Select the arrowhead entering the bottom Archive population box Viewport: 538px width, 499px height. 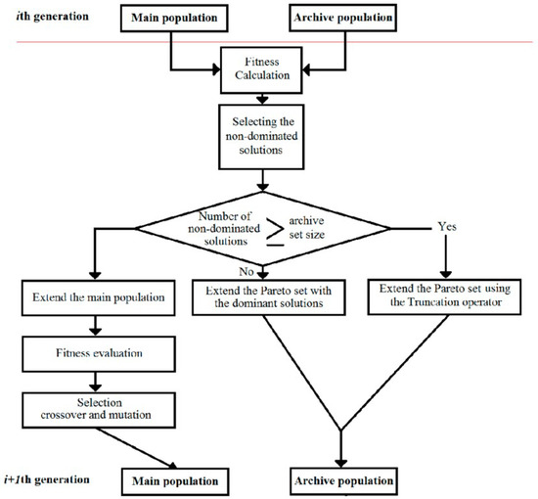click(x=339, y=465)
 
